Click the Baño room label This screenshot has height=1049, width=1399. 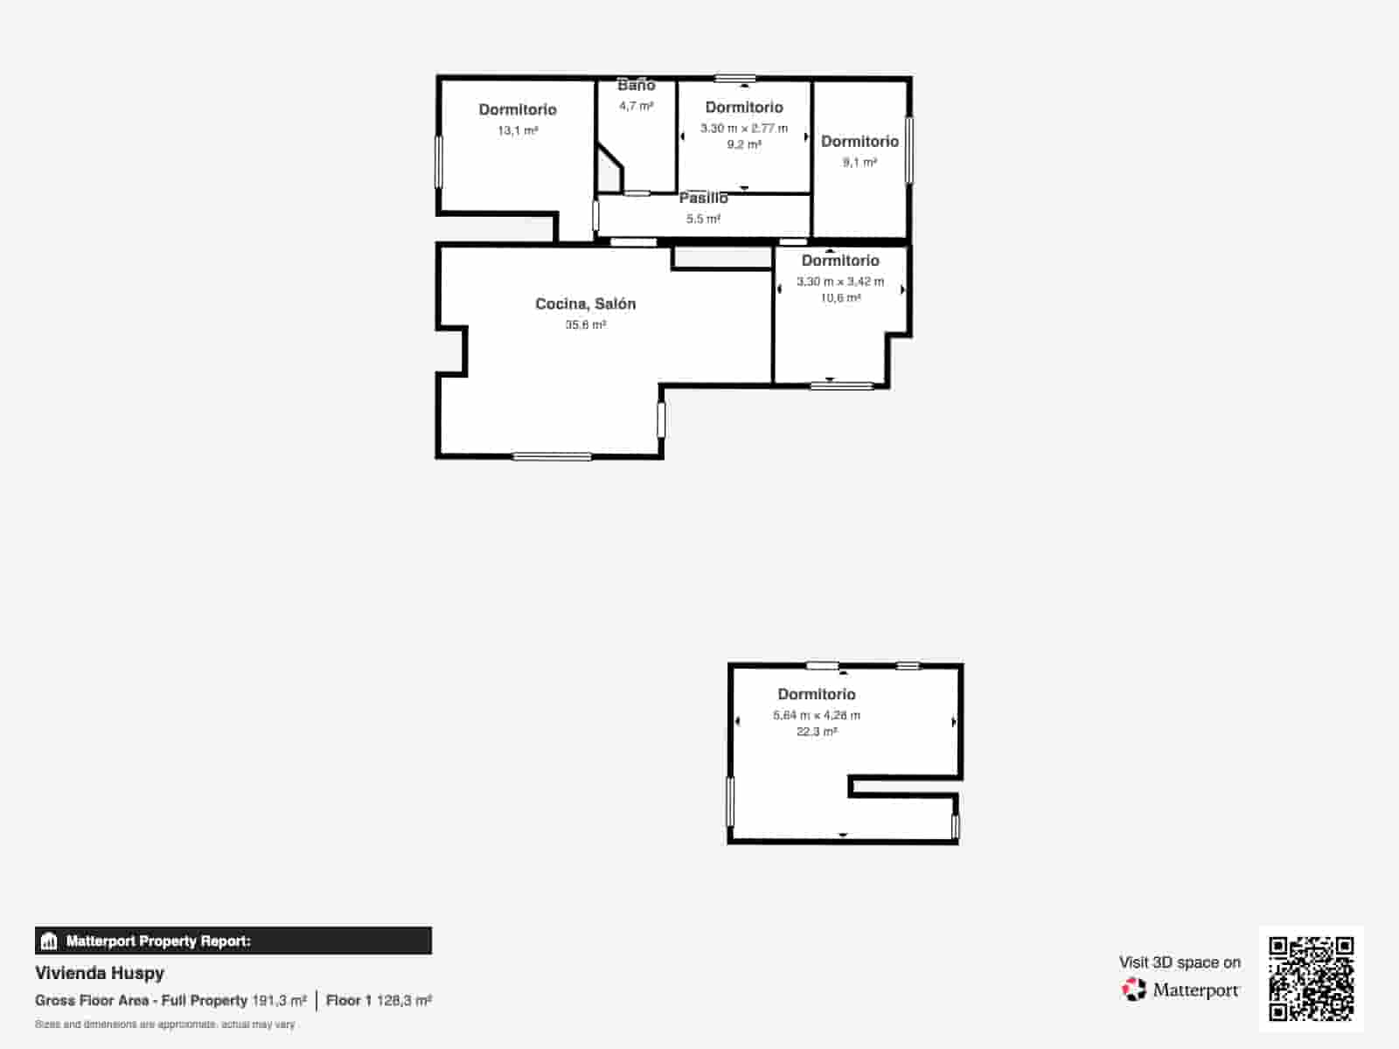click(x=636, y=85)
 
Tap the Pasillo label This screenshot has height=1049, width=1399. click(x=703, y=198)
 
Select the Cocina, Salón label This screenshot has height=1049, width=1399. click(x=585, y=304)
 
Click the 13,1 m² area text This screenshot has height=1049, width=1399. click(x=518, y=130)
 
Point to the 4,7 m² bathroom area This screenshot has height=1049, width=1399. click(x=636, y=106)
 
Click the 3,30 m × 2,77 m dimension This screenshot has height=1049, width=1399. click(x=744, y=128)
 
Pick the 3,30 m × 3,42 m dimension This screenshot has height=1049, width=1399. click(x=840, y=281)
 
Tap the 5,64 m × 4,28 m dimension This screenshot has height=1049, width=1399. click(x=817, y=715)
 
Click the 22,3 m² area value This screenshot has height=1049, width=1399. click(x=817, y=732)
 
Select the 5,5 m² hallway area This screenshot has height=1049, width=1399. click(x=703, y=219)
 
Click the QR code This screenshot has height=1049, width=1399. click(x=1311, y=978)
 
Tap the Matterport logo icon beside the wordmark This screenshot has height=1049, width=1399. click(x=1134, y=990)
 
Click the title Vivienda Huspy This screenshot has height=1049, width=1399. click(x=100, y=973)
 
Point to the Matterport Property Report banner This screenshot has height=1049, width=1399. click(x=233, y=941)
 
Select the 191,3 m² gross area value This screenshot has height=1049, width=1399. click(x=279, y=1001)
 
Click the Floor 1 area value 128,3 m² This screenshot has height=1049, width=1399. click(x=404, y=1001)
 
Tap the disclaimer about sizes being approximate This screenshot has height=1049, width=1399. click(x=165, y=1025)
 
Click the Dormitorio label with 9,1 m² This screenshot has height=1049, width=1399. click(x=860, y=142)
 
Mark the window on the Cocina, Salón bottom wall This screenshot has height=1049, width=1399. click(x=552, y=456)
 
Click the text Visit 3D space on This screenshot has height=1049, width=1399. click(x=1180, y=962)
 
